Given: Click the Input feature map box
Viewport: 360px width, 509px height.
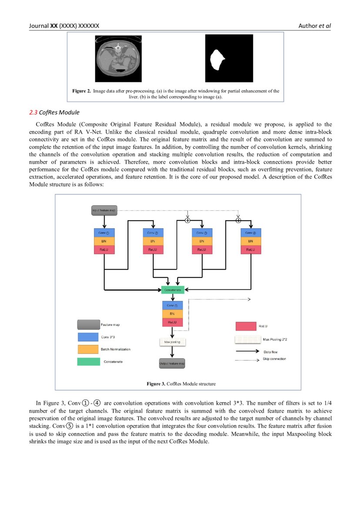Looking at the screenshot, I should click(104, 210).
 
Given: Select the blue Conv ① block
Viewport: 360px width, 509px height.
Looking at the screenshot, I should click(104, 233).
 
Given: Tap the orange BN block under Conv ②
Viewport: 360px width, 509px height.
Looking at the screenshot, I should click(153, 241).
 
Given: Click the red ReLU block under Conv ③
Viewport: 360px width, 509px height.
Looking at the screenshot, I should click(202, 249).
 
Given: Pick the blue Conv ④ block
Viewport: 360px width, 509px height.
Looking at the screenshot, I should click(250, 233).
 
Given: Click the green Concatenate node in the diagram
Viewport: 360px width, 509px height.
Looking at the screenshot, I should click(173, 289).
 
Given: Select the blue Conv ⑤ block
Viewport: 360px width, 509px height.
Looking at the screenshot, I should click(173, 305).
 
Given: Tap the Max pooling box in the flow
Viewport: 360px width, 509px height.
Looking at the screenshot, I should click(172, 342).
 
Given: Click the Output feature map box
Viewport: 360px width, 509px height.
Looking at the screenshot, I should click(172, 363).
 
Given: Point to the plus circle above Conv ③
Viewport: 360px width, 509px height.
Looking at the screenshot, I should click(188, 221).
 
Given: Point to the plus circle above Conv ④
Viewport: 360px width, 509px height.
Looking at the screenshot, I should click(238, 221).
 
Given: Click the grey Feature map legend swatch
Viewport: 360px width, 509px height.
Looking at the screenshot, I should click(88, 325).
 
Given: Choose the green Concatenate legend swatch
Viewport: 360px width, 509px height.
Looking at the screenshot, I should click(88, 361).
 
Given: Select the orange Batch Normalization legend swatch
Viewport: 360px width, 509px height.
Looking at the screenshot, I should click(88, 349).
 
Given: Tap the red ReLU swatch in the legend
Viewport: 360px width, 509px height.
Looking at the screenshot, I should click(246, 326).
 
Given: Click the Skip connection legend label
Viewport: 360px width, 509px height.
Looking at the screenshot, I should click(274, 359).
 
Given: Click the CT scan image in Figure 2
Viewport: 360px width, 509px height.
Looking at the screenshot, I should click(118, 59).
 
